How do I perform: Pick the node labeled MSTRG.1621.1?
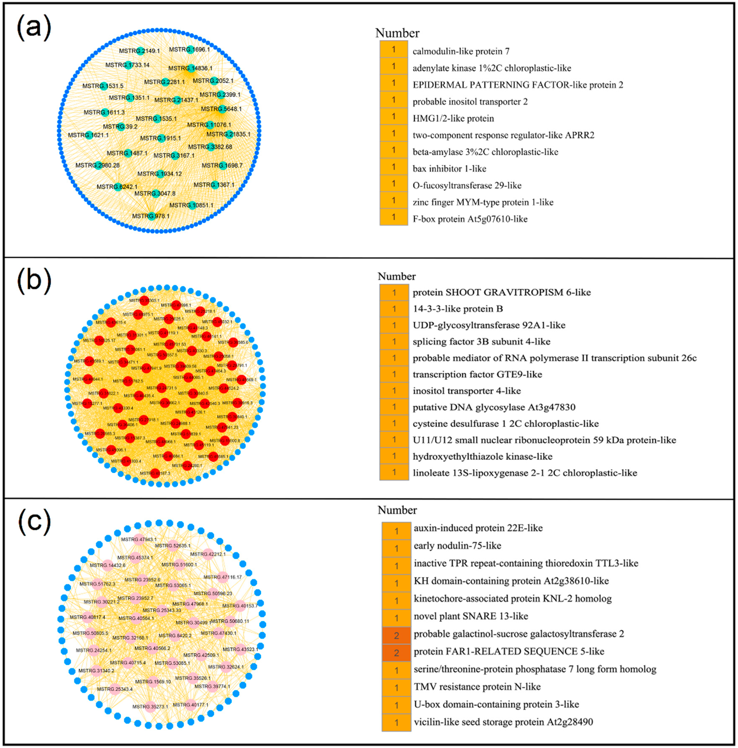[x=89, y=135]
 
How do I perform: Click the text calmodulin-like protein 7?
[x=461, y=51]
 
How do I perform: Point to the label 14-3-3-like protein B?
[x=458, y=309]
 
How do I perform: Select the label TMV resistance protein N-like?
[x=477, y=686]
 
